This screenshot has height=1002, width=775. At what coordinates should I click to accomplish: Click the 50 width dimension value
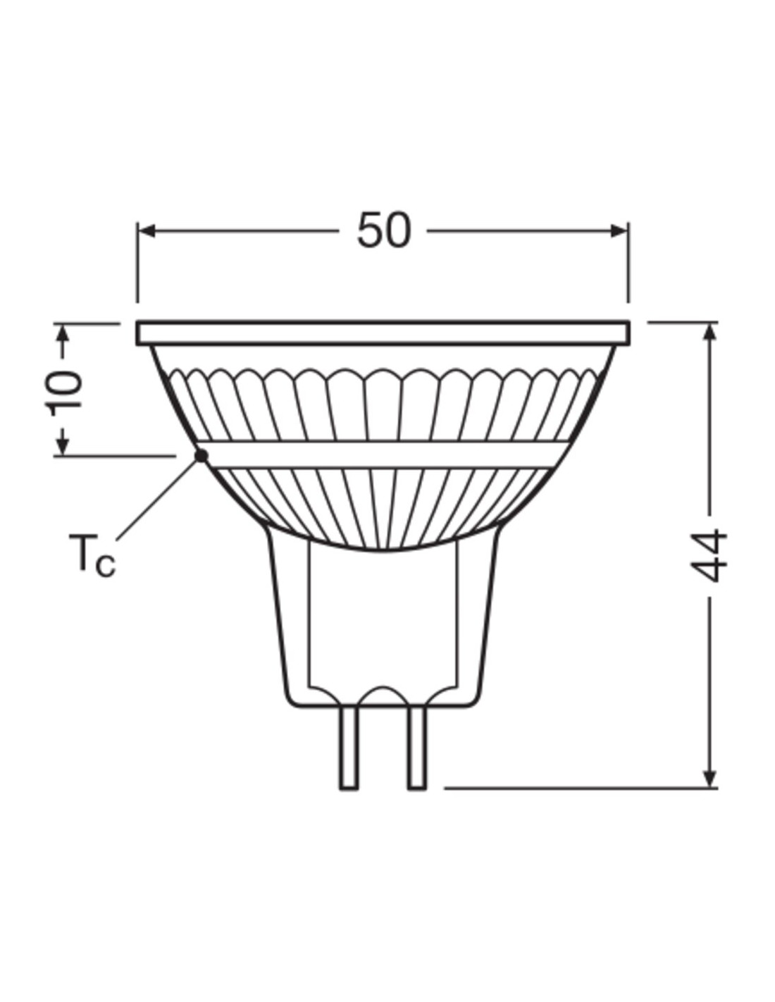click(383, 230)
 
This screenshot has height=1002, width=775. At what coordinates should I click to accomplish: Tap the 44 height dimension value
click(709, 556)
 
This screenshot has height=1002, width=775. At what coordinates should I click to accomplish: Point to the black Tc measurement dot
click(201, 456)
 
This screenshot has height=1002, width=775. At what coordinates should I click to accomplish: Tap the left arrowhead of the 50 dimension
click(147, 230)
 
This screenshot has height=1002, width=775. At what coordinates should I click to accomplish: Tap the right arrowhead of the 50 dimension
click(619, 230)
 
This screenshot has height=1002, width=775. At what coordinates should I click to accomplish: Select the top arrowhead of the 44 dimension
click(710, 331)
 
